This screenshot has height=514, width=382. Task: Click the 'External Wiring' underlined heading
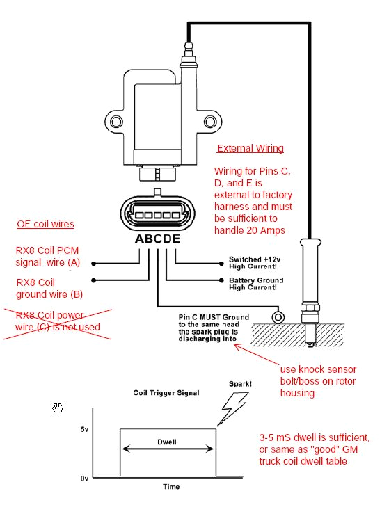(x=250, y=148)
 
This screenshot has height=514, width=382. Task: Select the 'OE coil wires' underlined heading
(x=46, y=224)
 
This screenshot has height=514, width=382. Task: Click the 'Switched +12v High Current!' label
(x=255, y=262)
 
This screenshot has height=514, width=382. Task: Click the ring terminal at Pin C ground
(x=278, y=317)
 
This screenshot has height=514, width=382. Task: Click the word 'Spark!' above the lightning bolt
(x=241, y=384)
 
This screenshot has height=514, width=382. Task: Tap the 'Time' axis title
(x=170, y=486)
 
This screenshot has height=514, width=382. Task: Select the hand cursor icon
(x=59, y=408)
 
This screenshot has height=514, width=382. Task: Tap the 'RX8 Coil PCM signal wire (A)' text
(x=48, y=256)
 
